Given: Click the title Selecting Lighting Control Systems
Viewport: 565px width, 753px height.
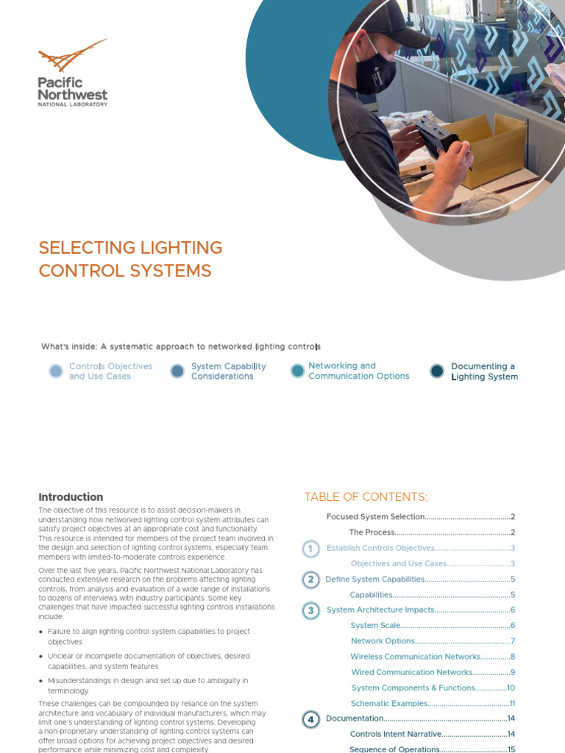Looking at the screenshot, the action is point(130,259).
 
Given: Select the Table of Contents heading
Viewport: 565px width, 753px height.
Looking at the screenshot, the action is point(366,497).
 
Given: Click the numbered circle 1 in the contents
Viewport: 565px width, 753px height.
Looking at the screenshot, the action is point(311,549).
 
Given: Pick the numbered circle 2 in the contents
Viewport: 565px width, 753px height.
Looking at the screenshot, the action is point(311,579).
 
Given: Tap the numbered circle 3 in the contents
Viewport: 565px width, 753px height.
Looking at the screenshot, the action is point(311,610).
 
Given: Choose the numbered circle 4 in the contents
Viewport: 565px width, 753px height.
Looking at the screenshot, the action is point(311,719).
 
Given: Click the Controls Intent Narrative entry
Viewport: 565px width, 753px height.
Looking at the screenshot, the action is point(396,734).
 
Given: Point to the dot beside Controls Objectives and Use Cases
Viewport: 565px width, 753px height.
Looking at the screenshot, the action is point(56,371).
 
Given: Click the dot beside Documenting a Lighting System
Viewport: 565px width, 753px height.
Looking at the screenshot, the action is point(437,371).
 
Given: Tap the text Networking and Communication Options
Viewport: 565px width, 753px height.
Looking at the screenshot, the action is point(358,371).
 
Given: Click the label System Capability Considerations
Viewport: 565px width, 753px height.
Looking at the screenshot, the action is point(228,371).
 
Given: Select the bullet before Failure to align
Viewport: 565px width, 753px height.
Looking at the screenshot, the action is point(40,632).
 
